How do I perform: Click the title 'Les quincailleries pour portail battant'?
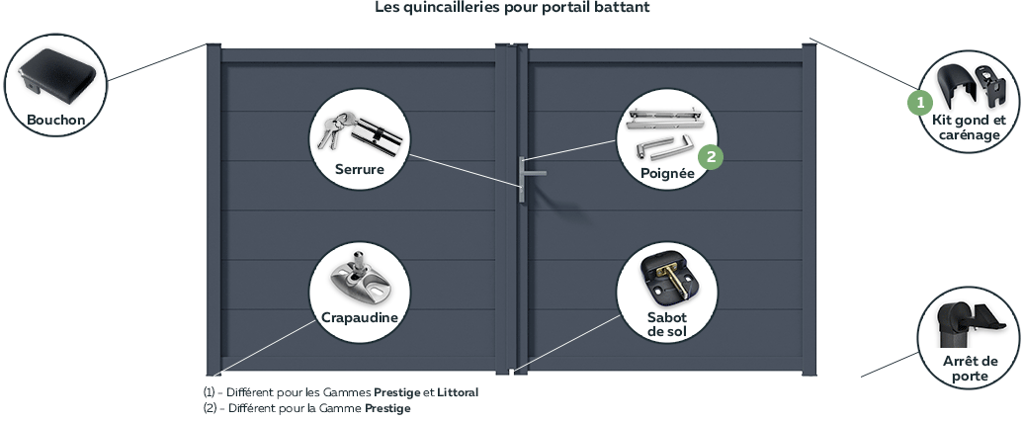click(x=512, y=8)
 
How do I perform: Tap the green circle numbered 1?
click(x=919, y=101)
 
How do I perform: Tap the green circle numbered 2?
click(x=710, y=155)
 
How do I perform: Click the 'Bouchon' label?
click(x=56, y=121)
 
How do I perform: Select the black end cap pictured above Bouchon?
click(x=58, y=74)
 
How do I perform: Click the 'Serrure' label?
click(x=358, y=169)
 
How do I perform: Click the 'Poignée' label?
click(x=666, y=172)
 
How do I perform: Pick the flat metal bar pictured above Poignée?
click(x=666, y=118)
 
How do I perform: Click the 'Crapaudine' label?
click(x=360, y=317)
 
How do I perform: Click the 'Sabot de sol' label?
click(x=666, y=323)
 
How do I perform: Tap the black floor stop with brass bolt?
click(x=666, y=279)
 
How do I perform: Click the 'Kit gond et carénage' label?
click(x=969, y=127)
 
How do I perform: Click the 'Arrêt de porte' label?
click(x=971, y=369)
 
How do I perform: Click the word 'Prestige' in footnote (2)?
click(x=387, y=408)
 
